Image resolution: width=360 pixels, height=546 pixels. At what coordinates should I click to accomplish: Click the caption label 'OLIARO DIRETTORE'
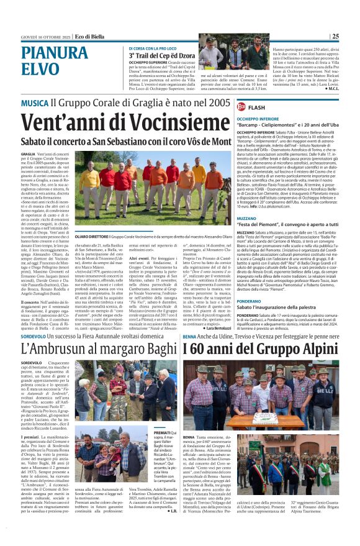(x=91, y=236)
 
